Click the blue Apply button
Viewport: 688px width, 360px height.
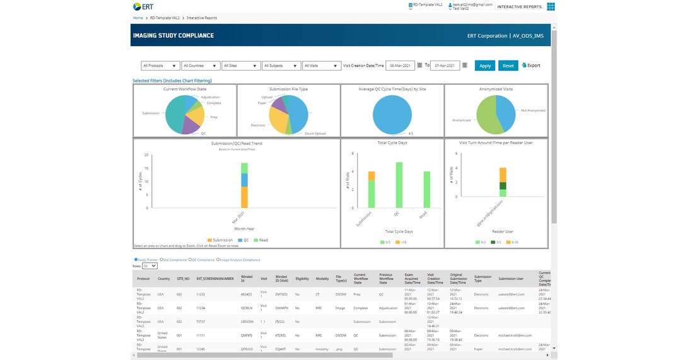(x=484, y=66)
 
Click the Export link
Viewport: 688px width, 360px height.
(x=531, y=66)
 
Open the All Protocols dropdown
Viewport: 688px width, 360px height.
(x=160, y=66)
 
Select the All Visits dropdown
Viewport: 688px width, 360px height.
(x=321, y=66)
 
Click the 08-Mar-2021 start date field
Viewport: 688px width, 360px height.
(x=400, y=66)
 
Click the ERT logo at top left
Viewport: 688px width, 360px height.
(x=143, y=7)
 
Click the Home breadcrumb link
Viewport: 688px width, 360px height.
(x=137, y=18)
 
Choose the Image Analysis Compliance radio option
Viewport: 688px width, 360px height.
(x=218, y=260)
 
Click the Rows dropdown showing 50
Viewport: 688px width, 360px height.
(x=149, y=266)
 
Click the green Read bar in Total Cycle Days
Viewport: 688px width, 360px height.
(x=426, y=189)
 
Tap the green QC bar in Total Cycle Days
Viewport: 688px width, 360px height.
(x=399, y=185)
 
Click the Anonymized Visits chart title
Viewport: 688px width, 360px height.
(x=496, y=89)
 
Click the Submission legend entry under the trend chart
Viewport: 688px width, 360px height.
(x=220, y=240)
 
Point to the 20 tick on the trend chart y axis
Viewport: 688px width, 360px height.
(x=146, y=155)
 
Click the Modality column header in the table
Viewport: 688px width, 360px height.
(x=322, y=277)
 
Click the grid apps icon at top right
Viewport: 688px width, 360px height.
(x=551, y=7)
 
